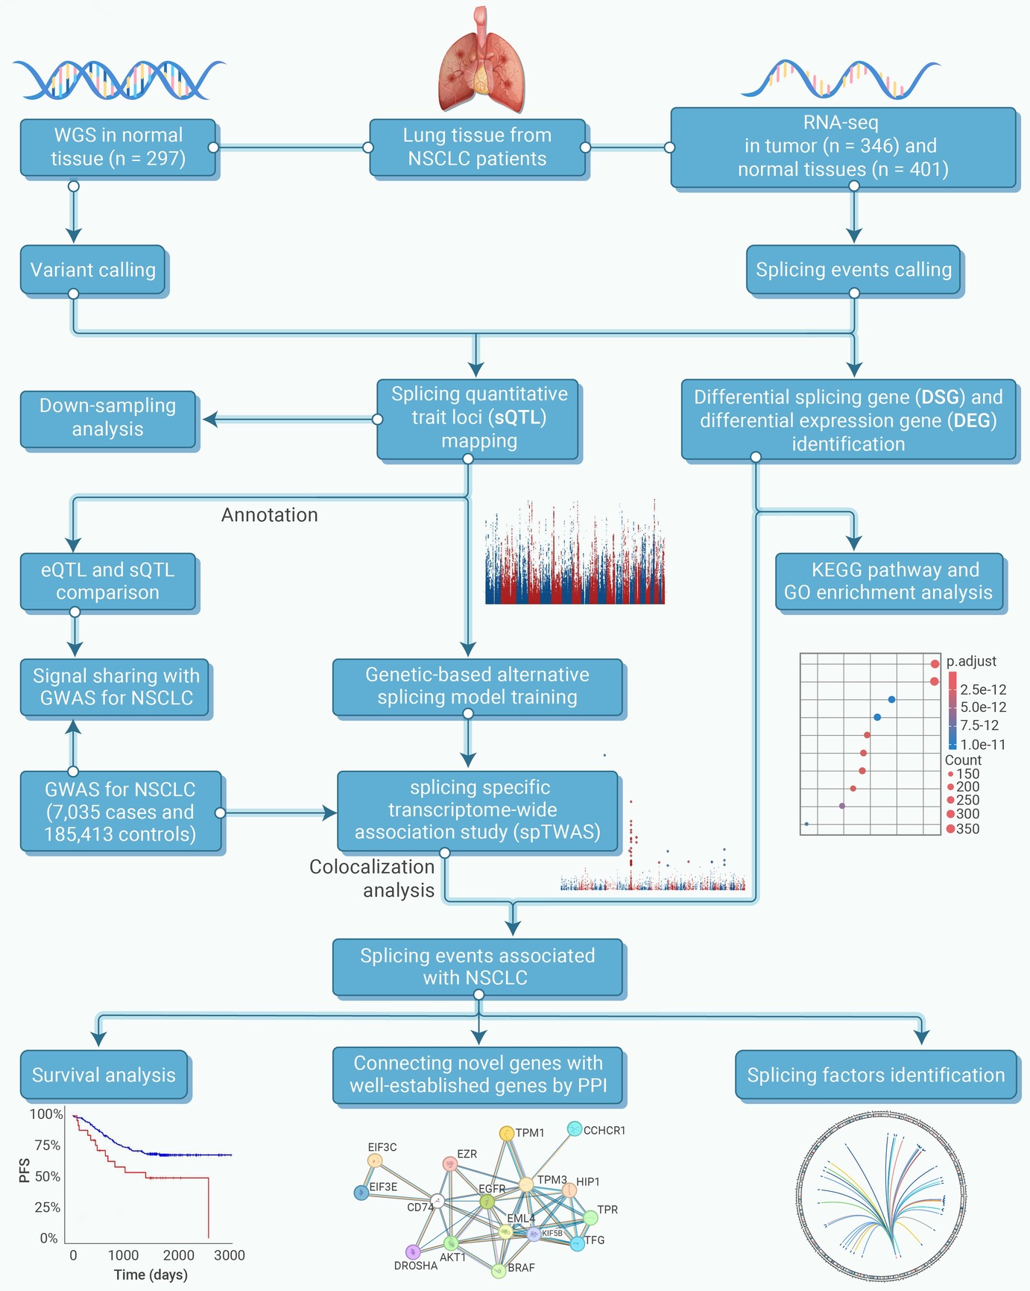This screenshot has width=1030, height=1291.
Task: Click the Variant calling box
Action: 92,270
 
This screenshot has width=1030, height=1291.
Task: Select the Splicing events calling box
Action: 853,270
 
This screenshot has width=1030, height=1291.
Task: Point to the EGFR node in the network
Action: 487,1202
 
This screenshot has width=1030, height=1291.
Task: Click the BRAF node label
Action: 521,1267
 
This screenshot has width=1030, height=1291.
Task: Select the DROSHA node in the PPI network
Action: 413,1251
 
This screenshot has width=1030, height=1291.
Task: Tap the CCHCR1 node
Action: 574,1129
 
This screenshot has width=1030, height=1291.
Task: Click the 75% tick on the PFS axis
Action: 48,1145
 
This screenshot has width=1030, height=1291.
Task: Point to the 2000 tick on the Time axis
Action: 179,1255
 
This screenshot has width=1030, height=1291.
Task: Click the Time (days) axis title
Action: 151,1275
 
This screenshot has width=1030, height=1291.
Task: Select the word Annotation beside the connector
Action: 270,515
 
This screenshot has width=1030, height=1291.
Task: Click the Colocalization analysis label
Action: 372,878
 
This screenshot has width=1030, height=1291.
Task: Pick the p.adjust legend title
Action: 971,661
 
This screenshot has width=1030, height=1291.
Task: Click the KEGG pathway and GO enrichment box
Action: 889,581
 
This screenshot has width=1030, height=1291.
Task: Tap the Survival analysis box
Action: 104,1075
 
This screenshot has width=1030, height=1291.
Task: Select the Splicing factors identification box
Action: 876,1075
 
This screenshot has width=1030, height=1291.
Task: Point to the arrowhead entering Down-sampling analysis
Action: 210,420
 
